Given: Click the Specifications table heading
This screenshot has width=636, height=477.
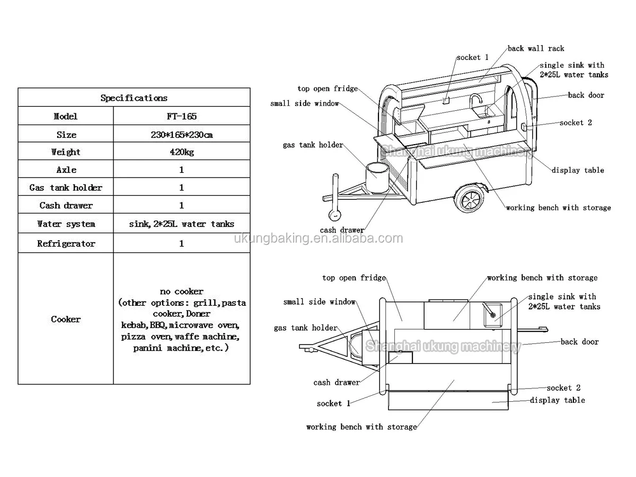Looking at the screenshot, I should pos(134,98).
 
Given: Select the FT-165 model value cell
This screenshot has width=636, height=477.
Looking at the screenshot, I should pos(181,117).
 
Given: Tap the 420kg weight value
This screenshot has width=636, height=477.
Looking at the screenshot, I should pos(181,152).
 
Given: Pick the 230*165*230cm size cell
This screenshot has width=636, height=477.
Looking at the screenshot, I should pos(181,135).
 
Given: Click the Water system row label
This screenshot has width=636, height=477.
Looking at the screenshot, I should pos(66,224).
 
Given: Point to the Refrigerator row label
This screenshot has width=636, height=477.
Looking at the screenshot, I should pos(66,244).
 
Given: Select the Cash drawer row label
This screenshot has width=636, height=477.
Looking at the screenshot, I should pos(66,206).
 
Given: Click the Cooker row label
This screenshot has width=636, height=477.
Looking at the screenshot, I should pos(66,319).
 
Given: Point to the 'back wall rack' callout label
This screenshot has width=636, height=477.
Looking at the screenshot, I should pos(536,49).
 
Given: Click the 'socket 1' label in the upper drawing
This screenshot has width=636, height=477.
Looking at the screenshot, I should pos(472,57).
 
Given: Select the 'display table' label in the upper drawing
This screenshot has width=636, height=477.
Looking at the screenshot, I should pos(578,170).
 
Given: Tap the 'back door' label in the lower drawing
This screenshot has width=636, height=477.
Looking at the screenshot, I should pos(579,342).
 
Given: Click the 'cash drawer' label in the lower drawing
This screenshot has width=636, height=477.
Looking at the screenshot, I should pos(336,382).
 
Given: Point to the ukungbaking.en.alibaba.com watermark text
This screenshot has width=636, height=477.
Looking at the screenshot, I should pos(318,239).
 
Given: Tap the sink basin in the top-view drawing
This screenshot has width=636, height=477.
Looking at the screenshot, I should pos(492,313).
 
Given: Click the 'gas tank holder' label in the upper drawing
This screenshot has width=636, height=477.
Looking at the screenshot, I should pos(313,145).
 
